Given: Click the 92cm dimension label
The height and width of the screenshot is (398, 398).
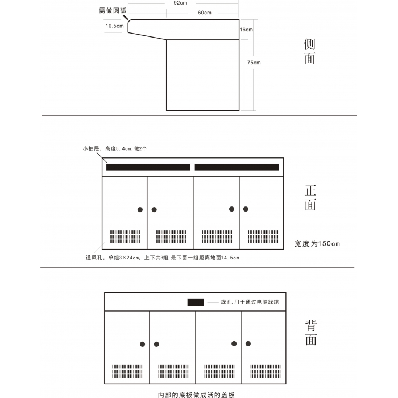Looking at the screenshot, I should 181,3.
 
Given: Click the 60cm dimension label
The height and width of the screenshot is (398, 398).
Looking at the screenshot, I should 205,13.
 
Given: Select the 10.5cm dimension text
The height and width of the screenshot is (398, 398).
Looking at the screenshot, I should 114,26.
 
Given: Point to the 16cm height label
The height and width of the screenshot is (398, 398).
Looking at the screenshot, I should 246,29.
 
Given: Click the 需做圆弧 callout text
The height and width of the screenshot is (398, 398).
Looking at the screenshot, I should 112,10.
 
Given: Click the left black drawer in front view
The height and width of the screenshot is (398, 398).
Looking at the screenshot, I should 148,167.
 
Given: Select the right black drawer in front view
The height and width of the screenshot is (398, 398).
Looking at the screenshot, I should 237,167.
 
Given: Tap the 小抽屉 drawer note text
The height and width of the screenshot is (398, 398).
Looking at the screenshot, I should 114,148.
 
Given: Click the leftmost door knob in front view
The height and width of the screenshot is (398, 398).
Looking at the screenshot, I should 140,209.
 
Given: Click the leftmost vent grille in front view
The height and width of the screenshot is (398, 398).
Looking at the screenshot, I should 125,237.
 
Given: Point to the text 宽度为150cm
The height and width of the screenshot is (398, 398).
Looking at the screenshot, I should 317,244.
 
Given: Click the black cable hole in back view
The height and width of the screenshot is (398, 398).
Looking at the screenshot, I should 195,302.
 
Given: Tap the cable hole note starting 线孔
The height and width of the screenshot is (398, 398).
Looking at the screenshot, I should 254,302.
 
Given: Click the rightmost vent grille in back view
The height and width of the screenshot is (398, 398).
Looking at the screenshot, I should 265,371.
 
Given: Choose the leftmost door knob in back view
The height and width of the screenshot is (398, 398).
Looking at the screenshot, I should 143,344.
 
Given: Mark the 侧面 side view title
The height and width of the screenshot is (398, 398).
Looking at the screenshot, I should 310,51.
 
